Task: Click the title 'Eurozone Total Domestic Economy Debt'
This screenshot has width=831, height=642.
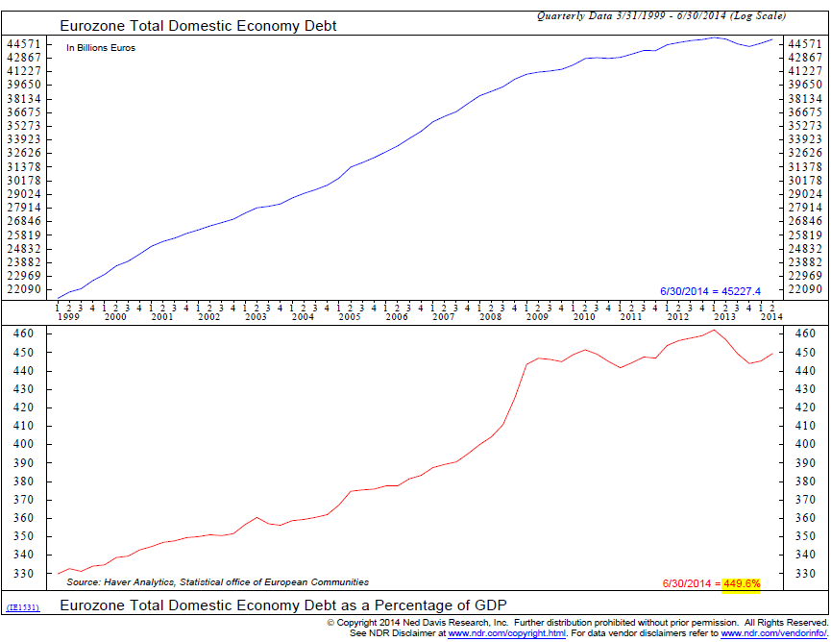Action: pyautogui.click(x=198, y=25)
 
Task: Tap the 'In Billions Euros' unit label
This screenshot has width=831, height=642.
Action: pyautogui.click(x=101, y=47)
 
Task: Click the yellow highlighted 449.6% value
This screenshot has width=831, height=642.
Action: pyautogui.click(x=740, y=583)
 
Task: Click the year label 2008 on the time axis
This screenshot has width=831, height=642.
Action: pyautogui.click(x=490, y=316)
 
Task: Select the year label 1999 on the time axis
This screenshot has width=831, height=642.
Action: pyautogui.click(x=67, y=316)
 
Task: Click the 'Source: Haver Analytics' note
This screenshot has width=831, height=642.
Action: pyautogui.click(x=217, y=582)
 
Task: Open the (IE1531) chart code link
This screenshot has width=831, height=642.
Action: pyautogui.click(x=24, y=607)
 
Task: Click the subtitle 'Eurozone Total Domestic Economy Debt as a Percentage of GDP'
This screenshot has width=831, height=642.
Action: pyautogui.click(x=282, y=605)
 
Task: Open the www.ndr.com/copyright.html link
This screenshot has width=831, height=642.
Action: pyautogui.click(x=507, y=633)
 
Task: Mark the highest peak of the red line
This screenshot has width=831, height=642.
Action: pyautogui.click(x=713, y=331)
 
